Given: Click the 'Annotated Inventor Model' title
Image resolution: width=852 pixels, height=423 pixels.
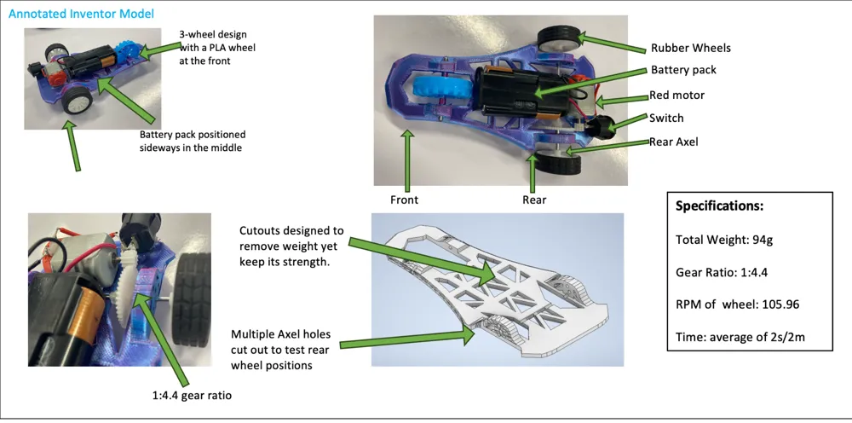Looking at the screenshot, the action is [81, 14].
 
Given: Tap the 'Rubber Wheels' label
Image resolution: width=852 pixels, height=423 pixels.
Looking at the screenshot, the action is [691, 48].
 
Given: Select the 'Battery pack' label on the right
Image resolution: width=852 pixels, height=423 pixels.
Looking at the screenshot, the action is [683, 70].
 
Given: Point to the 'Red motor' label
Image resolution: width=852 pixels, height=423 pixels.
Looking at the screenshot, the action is [677, 96].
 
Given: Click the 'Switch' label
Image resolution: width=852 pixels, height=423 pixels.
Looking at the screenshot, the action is [666, 118].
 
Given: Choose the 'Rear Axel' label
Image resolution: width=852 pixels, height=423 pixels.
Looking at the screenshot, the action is [674, 142].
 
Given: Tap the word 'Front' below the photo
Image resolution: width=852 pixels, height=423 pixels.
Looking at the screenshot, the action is [404, 200].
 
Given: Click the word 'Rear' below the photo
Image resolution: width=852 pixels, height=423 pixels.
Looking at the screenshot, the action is [534, 200].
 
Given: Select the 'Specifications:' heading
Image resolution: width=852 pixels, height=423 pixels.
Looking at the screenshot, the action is [719, 206].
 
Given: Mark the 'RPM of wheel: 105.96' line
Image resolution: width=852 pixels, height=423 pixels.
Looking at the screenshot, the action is [737, 304].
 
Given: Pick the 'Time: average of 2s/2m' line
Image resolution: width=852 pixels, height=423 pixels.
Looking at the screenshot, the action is [740, 337].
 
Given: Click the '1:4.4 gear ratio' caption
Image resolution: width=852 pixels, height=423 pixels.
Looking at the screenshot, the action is [193, 395].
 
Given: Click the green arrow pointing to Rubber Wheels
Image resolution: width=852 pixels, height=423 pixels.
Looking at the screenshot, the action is [611, 44].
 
